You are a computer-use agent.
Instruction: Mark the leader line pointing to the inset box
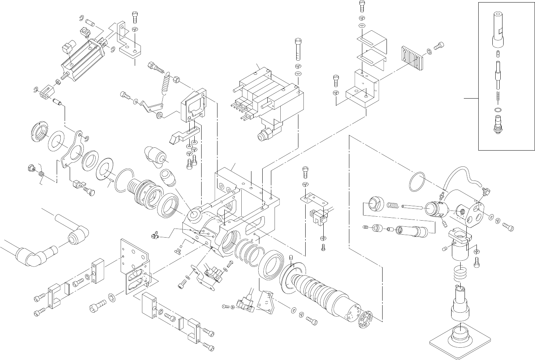[x=471, y=98]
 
